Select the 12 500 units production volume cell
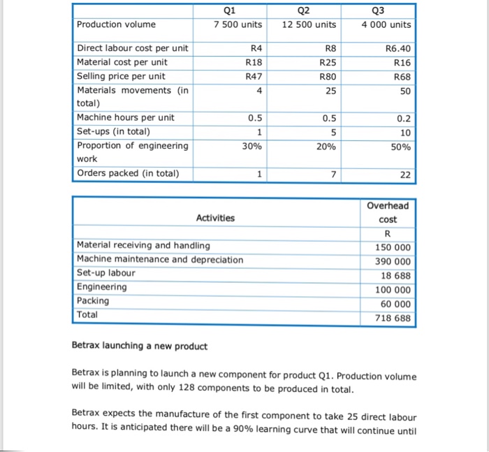coord(309,24)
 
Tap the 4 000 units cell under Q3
coord(386,24)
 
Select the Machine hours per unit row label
coord(125,117)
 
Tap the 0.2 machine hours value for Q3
coord(404,117)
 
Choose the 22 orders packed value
coord(405,174)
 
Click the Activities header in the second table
coord(215,218)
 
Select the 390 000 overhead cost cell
coord(393,261)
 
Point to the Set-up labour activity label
coord(106,273)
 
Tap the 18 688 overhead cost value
coord(396,275)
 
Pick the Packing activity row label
coord(93,301)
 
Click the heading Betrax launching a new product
coord(140,346)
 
